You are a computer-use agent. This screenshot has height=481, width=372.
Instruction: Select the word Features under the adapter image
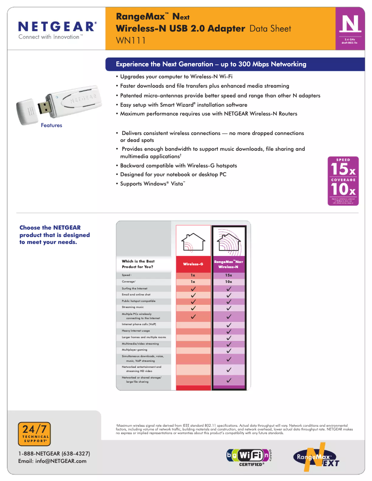pyautogui.click(x=51, y=125)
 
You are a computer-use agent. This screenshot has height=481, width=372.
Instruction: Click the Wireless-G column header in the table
pyautogui.click(x=193, y=264)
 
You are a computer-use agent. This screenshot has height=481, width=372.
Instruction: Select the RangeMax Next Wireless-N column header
pyautogui.click(x=229, y=264)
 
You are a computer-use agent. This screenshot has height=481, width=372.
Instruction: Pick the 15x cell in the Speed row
pyautogui.click(x=229, y=275)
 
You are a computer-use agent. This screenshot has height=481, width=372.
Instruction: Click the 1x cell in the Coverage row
pyautogui.click(x=193, y=282)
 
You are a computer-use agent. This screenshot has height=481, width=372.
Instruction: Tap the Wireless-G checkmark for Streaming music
pyautogui.click(x=193, y=308)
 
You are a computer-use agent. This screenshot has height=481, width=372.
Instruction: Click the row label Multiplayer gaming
pyautogui.click(x=135, y=350)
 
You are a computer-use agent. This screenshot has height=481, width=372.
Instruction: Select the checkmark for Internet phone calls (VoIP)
pyautogui.click(x=229, y=325)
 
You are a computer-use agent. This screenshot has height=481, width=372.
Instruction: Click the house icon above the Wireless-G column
pyautogui.click(x=193, y=241)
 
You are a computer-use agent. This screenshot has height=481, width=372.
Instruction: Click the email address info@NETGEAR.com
pyautogui.click(x=52, y=461)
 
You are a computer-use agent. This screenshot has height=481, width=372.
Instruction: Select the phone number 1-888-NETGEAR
pyautogui.click(x=54, y=453)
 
